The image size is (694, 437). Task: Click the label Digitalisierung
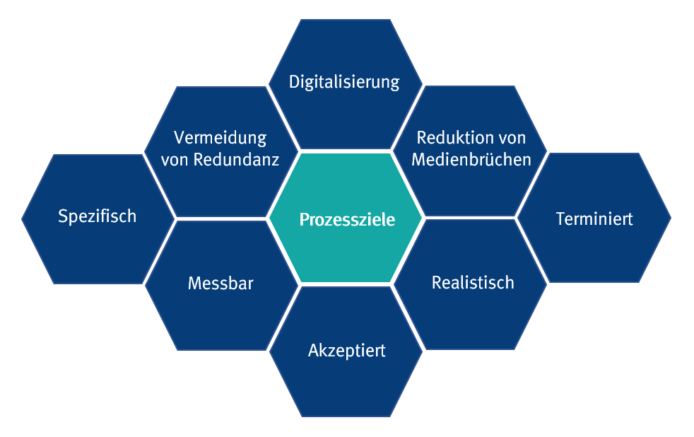point(344,82)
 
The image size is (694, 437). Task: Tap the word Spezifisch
point(97,216)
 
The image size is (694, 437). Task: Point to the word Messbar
point(220,284)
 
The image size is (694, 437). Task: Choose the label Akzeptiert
point(346,350)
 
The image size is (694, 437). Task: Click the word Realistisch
point(472,283)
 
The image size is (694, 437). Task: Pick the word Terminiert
point(594,218)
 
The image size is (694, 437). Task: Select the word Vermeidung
point(220,137)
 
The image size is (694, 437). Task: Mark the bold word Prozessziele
point(347,219)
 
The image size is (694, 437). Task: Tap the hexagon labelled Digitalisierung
point(346,113)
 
